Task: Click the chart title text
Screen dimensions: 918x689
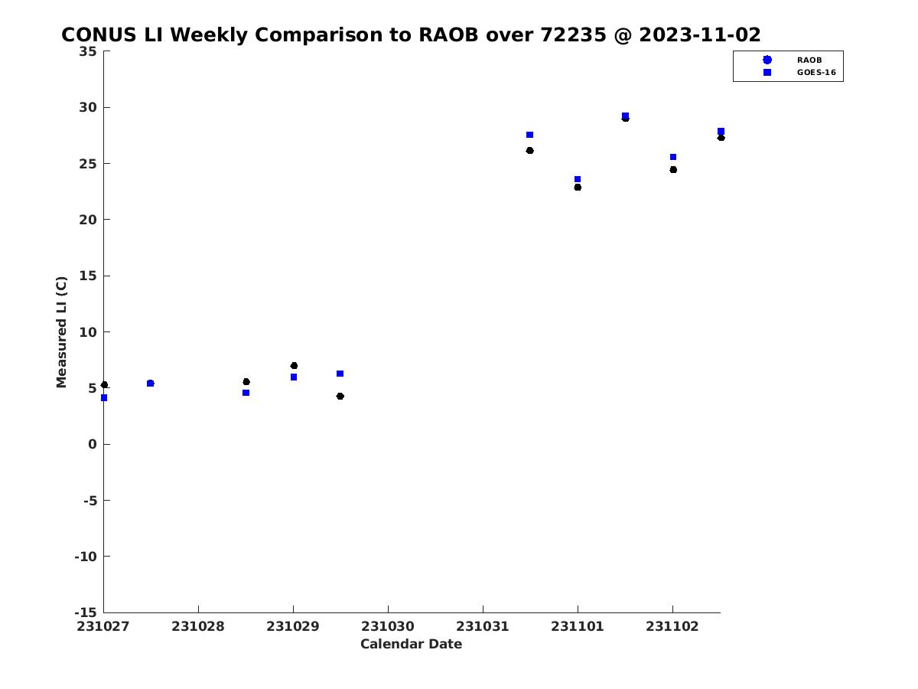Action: coord(410,34)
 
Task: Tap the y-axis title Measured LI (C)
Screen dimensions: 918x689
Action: coord(61,331)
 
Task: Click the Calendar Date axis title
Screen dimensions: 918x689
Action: coord(411,644)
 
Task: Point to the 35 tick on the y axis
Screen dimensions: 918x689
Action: coord(88,51)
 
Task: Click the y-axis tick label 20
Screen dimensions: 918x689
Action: coord(88,220)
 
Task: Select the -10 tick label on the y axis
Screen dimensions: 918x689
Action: coord(86,557)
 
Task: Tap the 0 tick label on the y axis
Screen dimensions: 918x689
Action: coord(93,444)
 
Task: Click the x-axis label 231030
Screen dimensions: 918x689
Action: coord(387,626)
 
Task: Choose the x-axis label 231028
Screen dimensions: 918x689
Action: coord(198,626)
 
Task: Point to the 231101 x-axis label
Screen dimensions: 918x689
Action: coord(577,626)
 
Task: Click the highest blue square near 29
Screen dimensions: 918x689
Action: coord(625,116)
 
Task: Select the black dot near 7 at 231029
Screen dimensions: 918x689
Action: coord(294,366)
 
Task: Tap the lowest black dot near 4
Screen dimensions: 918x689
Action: coord(340,396)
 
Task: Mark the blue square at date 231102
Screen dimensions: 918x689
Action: coord(673,157)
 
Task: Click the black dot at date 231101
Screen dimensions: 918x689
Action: coord(578,188)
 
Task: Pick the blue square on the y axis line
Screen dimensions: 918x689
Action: coord(104,398)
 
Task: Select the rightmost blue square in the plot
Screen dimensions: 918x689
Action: coord(721,132)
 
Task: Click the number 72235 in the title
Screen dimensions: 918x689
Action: coord(573,34)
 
